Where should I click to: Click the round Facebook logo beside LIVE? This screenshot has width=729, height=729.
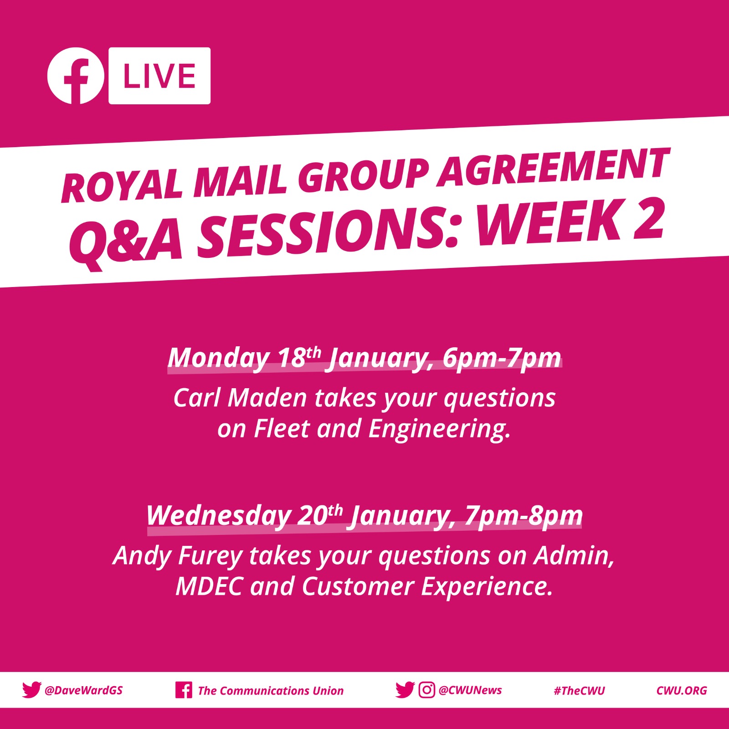coord(76,76)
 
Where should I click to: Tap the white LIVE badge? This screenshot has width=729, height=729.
coord(159,76)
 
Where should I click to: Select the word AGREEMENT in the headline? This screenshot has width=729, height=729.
coord(554,167)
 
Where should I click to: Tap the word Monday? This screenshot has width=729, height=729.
coord(219,358)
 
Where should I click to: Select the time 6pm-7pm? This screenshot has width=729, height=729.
coord(502,358)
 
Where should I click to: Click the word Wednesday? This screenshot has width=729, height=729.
coord(219,516)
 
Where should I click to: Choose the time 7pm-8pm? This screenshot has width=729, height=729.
coord(524,516)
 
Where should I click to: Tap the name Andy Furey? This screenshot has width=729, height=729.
coord(178,556)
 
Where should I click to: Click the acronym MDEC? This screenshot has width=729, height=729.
coord(209,586)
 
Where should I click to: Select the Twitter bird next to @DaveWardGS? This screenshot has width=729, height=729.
coord(31,690)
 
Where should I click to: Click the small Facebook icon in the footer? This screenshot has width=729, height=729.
coord(183,690)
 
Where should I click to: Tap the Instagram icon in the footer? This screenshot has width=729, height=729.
coord(426,690)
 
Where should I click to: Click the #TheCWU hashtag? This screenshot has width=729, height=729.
coord(579,691)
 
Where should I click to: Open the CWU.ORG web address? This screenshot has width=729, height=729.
coord(682,691)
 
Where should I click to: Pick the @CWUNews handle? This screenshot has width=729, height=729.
coord(470,690)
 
